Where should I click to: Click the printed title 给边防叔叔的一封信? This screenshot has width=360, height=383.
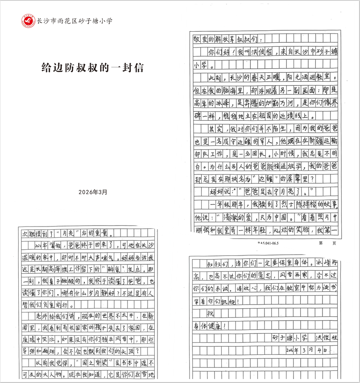(93, 67)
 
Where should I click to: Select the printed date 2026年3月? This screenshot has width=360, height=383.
(93, 192)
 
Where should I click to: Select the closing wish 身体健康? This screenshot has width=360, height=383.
(213, 326)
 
